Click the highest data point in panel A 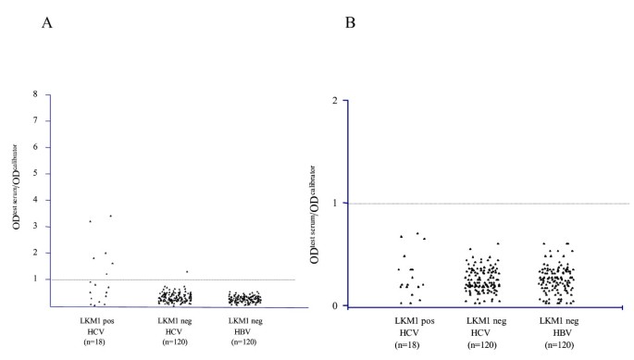tap(110, 216)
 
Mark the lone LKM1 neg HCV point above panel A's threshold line tap(186, 271)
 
